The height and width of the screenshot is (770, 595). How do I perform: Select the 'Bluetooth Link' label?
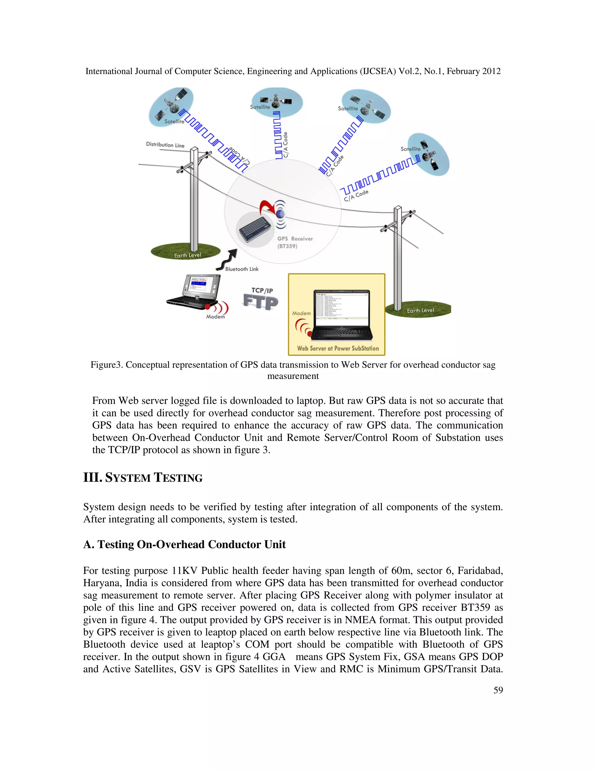(x=242, y=269)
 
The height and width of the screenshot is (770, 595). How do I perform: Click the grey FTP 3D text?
(x=261, y=302)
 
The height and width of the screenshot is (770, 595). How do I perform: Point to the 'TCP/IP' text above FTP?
(x=262, y=291)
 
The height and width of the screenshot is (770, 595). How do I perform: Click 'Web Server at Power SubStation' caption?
(x=338, y=348)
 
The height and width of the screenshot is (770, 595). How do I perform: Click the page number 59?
(x=498, y=690)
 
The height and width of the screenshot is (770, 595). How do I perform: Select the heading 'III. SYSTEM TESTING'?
(x=143, y=478)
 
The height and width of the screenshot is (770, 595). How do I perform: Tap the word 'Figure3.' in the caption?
(x=107, y=365)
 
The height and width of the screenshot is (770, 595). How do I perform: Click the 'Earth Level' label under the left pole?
(x=187, y=255)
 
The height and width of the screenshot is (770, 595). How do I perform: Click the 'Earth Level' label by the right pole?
(x=420, y=311)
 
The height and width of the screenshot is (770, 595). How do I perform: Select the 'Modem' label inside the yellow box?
(x=301, y=313)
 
